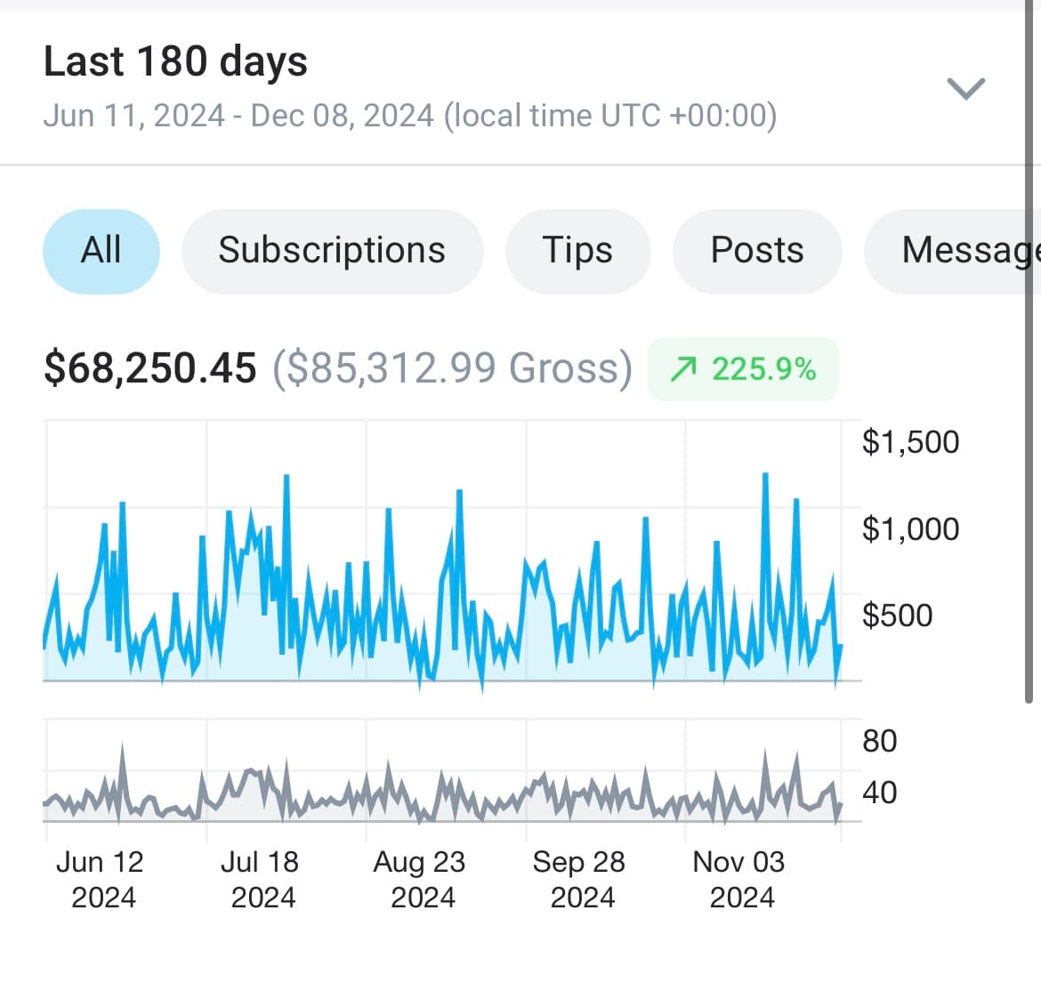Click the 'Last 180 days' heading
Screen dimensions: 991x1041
coord(175,62)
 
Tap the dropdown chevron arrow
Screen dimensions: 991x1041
coord(965,89)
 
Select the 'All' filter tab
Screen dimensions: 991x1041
coord(101,251)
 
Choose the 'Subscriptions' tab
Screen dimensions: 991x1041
coord(332,251)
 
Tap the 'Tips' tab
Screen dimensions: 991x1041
coord(577,251)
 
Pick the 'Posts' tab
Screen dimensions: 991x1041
coord(757,251)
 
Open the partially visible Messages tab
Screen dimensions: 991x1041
coord(965,251)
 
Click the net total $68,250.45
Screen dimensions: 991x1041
coord(150,368)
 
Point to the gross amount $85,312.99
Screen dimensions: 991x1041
coord(452,368)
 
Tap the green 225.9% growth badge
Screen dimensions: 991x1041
coord(744,369)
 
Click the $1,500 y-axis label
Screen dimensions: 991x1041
coord(910,442)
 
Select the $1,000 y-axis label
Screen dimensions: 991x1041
coord(910,529)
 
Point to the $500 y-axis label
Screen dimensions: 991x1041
coord(897,616)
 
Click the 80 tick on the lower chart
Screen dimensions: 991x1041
coord(879,741)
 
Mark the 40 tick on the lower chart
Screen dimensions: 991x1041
coord(879,793)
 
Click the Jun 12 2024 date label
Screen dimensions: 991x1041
coord(101,879)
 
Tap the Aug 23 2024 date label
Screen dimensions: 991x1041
coord(420,879)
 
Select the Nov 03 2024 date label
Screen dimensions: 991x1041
coord(739,879)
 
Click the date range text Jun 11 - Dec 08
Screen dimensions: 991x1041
coord(409,117)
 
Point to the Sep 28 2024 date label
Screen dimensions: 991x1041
coord(580,879)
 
